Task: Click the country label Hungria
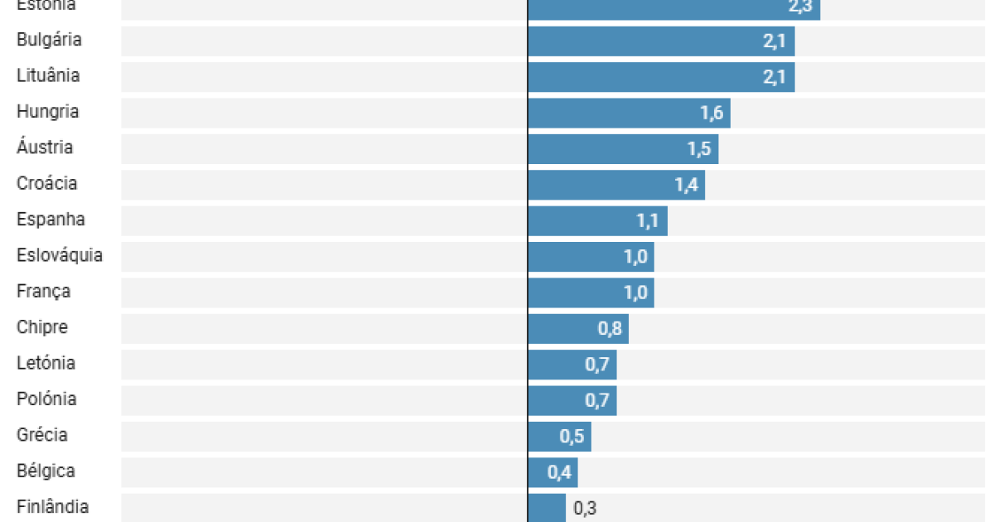point(47,112)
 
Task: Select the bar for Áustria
point(622,149)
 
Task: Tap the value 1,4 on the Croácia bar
point(687,185)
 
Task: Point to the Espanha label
point(51,220)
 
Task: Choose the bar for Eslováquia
point(590,257)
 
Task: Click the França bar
point(590,292)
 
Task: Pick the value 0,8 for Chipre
point(610,329)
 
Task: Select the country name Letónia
point(46,363)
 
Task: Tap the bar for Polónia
point(572,400)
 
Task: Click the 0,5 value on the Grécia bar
point(572,437)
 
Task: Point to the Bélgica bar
point(552,472)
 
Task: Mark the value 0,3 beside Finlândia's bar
point(585,509)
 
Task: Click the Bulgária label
point(49,40)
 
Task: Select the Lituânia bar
point(660,77)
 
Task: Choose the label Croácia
point(46,183)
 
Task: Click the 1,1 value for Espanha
point(649,221)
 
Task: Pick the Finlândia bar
point(546,507)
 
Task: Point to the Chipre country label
point(42,327)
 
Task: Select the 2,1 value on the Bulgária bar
point(774,41)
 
